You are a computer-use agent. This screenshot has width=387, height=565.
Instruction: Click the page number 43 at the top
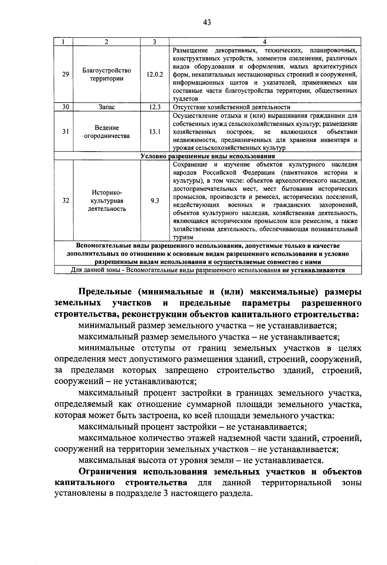207,22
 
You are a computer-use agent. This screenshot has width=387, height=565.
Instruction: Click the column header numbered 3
154,42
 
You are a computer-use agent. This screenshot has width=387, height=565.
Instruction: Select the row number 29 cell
65,74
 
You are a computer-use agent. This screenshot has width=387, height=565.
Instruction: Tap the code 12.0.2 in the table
154,74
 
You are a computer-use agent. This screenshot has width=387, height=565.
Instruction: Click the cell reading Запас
107,107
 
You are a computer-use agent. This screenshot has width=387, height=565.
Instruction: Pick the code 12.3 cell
154,107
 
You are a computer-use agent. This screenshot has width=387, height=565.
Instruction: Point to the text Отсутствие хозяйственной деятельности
231,107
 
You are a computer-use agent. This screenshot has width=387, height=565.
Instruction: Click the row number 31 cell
65,132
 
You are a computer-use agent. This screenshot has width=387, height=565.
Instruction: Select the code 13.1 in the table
154,132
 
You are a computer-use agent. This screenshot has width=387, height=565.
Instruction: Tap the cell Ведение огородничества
107,132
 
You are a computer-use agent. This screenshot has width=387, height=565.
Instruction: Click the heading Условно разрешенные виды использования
208,156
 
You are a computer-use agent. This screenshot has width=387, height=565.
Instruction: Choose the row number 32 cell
65,201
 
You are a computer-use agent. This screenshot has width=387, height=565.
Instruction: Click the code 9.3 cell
154,201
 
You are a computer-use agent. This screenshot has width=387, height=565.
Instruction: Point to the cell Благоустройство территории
107,74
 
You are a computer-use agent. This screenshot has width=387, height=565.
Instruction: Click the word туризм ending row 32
183,237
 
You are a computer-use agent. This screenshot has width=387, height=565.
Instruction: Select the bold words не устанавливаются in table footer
313,270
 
